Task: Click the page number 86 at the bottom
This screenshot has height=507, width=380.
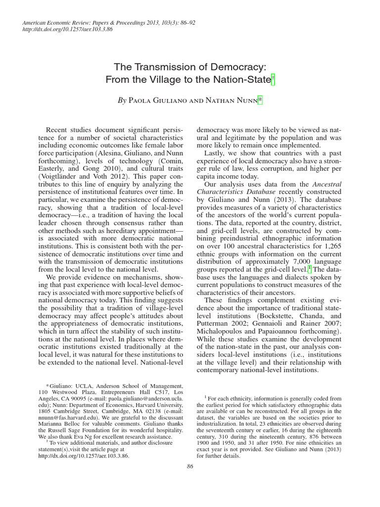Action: (x=190, y=466)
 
